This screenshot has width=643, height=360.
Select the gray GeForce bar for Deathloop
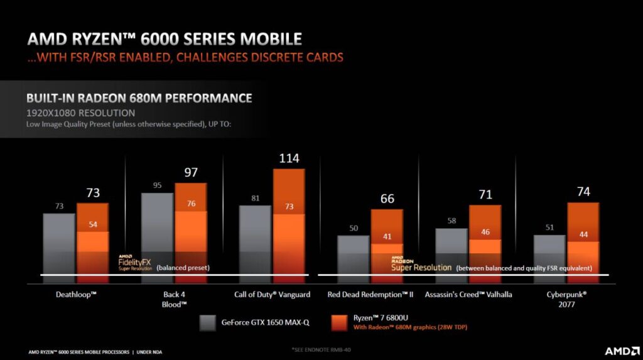click(x=59, y=245)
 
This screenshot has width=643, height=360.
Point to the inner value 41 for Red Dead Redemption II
click(x=387, y=237)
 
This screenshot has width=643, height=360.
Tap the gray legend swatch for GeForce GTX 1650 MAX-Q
click(x=208, y=323)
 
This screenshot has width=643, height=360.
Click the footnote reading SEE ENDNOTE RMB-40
click(x=321, y=349)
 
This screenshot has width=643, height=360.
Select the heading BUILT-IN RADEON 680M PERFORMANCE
click(x=139, y=99)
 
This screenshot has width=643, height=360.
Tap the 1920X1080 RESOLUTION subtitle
click(x=80, y=113)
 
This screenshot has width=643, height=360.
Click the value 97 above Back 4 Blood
click(x=190, y=173)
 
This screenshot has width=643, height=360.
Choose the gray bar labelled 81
click(x=255, y=242)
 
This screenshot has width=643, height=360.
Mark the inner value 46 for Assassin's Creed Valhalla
click(x=485, y=232)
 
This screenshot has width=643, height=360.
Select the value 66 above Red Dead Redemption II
click(x=387, y=199)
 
